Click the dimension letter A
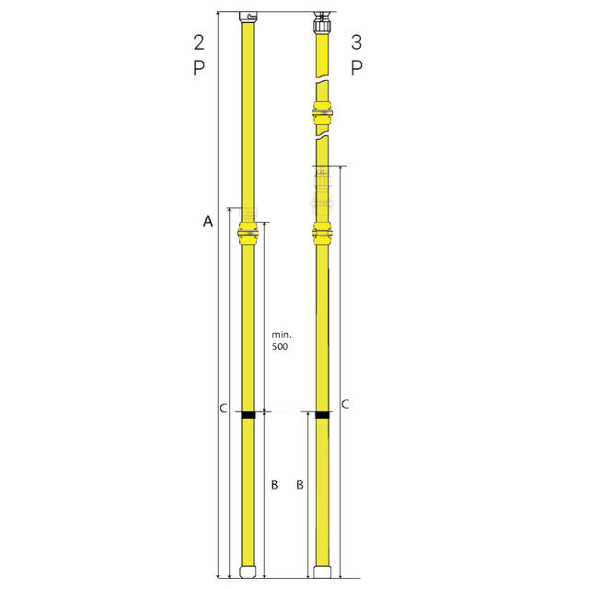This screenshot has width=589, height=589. tap(208, 221)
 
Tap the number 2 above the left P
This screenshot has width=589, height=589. tap(199, 42)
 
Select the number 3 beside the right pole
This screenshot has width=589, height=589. tap(356, 42)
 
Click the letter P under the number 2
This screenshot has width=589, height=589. tap(199, 68)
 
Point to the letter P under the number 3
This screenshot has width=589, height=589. tap(356, 68)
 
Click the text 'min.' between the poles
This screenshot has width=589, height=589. tap(282, 334)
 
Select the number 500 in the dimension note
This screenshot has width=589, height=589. tap(280, 346)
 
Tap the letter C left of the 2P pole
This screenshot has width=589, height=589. tap(223, 408)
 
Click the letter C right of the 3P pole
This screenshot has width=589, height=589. tap(345, 404)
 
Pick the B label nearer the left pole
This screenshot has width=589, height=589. tap(274, 485)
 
